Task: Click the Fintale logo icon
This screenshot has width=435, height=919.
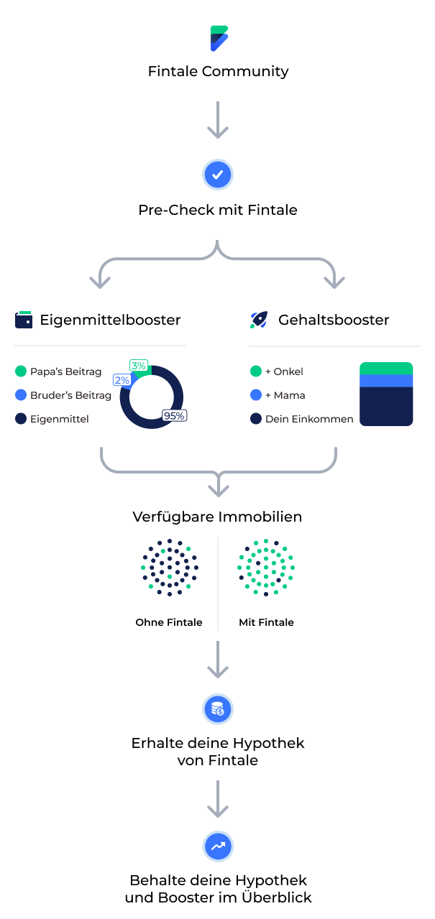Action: tap(219, 38)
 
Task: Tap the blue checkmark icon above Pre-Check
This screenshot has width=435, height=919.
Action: tap(218, 175)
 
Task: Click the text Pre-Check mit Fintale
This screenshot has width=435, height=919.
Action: tap(218, 211)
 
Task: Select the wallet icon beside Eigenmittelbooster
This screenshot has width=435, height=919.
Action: tap(24, 320)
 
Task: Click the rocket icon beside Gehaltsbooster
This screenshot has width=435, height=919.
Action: tap(259, 320)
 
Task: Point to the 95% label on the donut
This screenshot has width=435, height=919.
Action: tap(175, 415)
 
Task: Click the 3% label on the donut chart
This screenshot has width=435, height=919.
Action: tap(139, 366)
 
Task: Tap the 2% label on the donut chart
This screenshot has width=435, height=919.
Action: tap(122, 380)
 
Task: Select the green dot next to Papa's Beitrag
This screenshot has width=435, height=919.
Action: tap(20, 371)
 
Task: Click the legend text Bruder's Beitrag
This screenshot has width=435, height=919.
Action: tap(70, 395)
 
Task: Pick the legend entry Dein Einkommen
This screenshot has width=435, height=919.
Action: tap(309, 419)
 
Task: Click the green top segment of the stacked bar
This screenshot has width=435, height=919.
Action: tap(386, 369)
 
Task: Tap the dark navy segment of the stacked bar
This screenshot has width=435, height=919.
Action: tap(386, 406)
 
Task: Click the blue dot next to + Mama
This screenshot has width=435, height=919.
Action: tap(256, 395)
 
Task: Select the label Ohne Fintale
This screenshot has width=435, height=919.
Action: tap(169, 622)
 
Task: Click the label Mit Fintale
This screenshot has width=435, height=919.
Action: tap(266, 622)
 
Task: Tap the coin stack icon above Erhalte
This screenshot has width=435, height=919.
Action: tap(218, 710)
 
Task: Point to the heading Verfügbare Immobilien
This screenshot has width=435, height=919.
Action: tap(218, 517)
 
